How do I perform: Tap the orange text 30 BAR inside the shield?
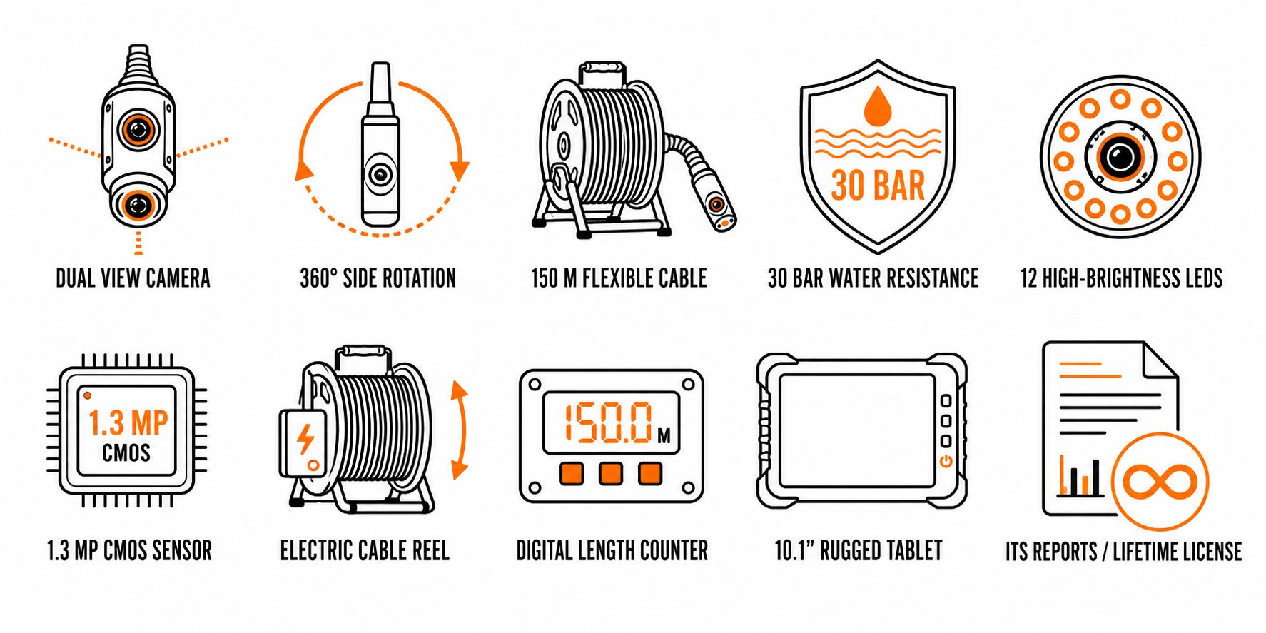point(878,186)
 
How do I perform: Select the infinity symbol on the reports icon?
point(1160,481)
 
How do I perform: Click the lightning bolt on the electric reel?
point(305,439)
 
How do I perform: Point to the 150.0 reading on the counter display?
point(608,423)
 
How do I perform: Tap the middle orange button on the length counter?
point(610,473)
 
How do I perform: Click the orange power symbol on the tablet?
point(946,461)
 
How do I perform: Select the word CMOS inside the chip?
point(126,452)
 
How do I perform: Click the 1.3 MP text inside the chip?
point(128,423)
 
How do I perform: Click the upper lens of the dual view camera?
point(138,129)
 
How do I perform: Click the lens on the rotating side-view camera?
point(380,174)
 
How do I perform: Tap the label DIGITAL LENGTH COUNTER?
point(612,550)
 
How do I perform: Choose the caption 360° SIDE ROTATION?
point(378,278)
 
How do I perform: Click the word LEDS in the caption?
point(1204,278)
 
